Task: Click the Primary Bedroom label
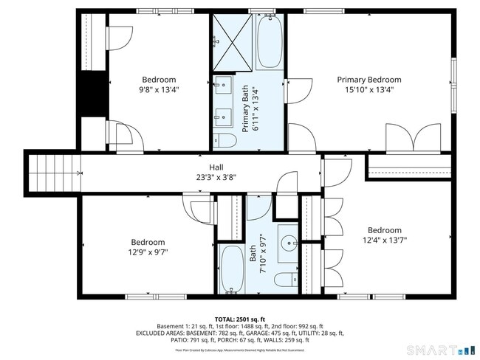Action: tap(368, 80)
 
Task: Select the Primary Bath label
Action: tap(246, 108)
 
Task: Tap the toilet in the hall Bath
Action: tap(284, 280)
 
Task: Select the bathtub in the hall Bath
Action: tap(233, 270)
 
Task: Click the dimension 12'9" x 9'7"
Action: tap(148, 252)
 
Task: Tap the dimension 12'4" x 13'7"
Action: tap(385, 240)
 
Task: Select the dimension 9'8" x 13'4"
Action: tap(159, 90)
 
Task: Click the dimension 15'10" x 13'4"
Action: tap(369, 90)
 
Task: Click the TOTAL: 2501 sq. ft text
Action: tap(240, 317)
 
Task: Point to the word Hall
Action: tap(216, 167)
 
